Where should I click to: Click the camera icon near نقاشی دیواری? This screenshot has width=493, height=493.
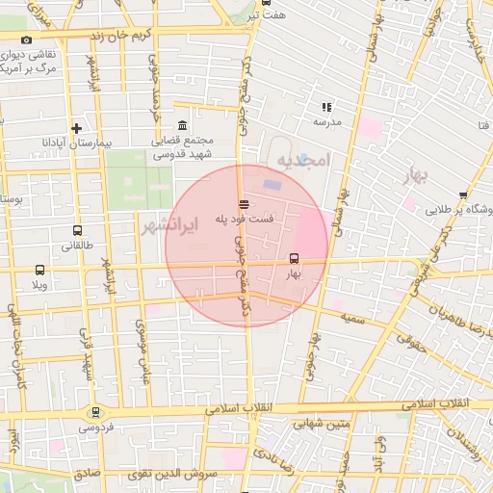(26, 40)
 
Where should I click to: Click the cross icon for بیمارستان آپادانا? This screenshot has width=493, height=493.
(76, 128)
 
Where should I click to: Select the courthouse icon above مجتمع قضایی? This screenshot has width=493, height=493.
(183, 126)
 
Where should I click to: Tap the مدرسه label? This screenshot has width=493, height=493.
(327, 122)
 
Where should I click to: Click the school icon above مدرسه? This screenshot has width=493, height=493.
(326, 107)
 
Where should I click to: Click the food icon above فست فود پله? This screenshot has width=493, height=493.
(243, 204)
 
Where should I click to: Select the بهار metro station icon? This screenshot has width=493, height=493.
(294, 258)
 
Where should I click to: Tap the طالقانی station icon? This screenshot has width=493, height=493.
(77, 231)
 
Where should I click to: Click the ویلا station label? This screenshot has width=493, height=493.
(39, 286)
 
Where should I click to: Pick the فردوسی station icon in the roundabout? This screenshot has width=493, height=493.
(94, 412)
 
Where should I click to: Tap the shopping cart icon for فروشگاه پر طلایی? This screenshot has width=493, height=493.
(463, 195)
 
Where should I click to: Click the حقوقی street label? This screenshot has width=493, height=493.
(415, 340)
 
